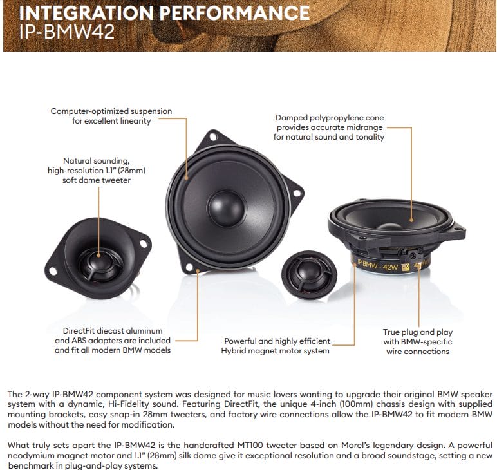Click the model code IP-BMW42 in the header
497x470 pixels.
click(66, 32)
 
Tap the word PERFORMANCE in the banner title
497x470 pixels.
click(234, 13)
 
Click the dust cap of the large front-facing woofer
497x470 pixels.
click(227, 208)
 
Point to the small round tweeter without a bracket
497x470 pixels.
click(309, 274)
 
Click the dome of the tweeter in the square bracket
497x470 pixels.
click(99, 261)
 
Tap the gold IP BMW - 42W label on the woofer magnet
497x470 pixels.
click(377, 265)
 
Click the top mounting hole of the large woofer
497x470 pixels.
click(213, 137)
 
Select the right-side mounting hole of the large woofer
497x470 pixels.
click(297, 193)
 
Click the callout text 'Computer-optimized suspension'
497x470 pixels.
click(111, 111)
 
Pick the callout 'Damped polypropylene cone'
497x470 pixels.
click(330, 118)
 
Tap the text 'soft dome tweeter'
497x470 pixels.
click(97, 180)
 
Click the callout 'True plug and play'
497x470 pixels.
click(417, 332)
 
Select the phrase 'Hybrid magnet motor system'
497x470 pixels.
click(275, 351)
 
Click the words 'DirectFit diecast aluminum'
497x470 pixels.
click(113, 331)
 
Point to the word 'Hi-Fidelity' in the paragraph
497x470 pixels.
click(128, 404)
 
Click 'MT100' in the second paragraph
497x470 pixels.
click(250, 446)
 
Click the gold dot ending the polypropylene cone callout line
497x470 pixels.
click(411, 220)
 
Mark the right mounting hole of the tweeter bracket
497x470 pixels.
click(144, 244)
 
